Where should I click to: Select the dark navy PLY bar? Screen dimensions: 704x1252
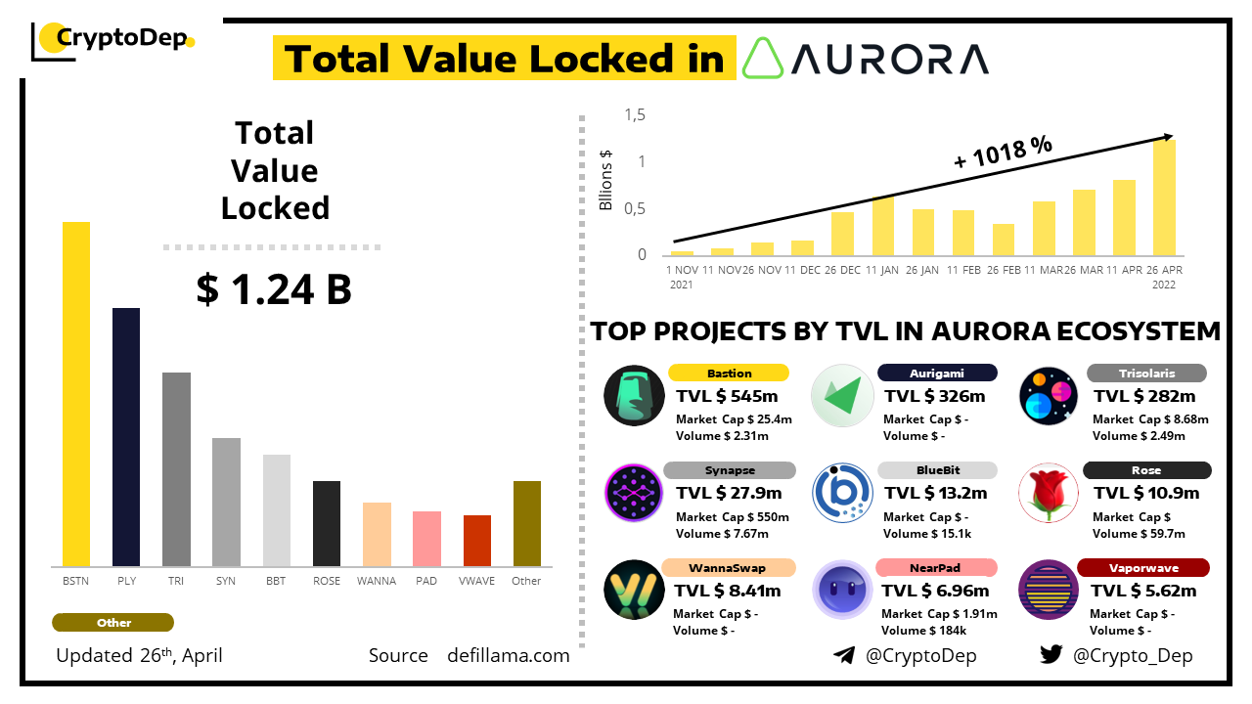point(126,437)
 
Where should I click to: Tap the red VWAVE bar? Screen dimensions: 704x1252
point(477,541)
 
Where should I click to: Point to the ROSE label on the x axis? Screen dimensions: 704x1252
point(327,581)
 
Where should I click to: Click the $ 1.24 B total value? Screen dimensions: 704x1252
point(274,289)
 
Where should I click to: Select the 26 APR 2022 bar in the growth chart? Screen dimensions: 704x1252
point(1164,198)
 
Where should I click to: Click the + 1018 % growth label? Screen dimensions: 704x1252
point(1003,153)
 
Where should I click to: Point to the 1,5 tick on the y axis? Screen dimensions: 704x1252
point(635,115)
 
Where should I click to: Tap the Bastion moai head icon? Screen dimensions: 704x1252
point(634,395)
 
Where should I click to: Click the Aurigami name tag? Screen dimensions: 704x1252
point(937,373)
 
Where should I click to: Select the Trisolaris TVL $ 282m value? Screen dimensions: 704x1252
point(1144,396)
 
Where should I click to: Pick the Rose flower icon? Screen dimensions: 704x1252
point(1049,492)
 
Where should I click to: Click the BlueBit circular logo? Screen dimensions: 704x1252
point(842,492)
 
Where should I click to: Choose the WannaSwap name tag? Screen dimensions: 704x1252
point(727,567)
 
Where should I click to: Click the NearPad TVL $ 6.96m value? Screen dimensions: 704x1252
point(935,591)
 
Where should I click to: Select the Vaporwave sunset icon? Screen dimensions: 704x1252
point(1049,590)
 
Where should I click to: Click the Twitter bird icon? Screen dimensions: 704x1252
point(1051,655)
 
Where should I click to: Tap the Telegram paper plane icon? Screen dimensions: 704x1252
point(843,655)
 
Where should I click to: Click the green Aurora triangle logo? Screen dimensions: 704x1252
point(763,59)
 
